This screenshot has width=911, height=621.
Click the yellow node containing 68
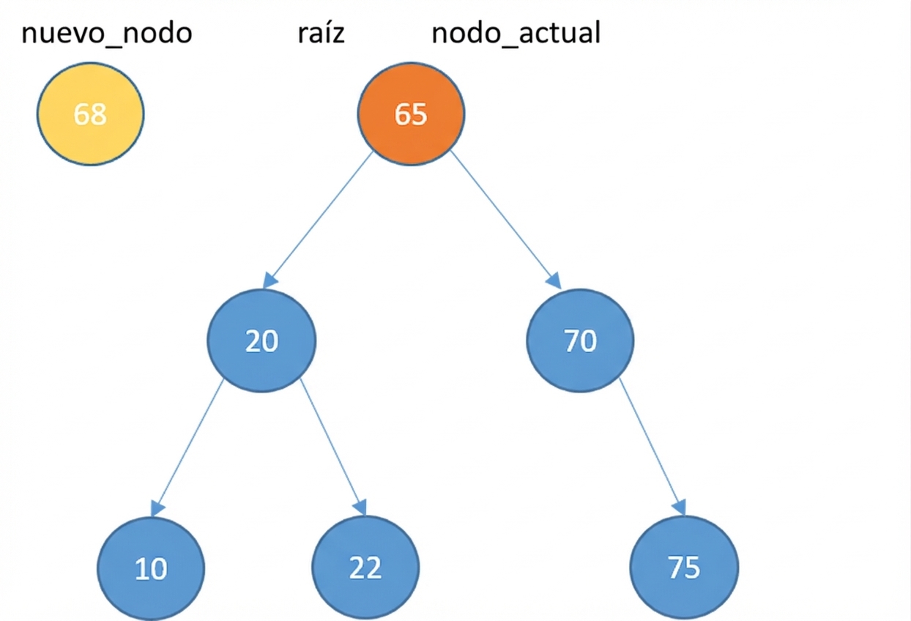pyautogui.click(x=91, y=114)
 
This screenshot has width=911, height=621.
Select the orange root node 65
pyautogui.click(x=410, y=114)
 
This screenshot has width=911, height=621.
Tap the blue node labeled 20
pyautogui.click(x=261, y=341)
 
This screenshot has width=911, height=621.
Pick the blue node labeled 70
pyautogui.click(x=580, y=341)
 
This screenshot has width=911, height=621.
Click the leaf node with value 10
pyautogui.click(x=152, y=568)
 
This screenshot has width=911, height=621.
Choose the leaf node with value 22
pyautogui.click(x=365, y=568)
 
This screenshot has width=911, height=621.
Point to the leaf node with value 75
pyautogui.click(x=684, y=568)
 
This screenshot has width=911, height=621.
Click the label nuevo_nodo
pyautogui.click(x=107, y=34)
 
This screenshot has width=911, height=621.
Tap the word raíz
pyautogui.click(x=321, y=34)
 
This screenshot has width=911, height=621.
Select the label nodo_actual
pyautogui.click(x=516, y=34)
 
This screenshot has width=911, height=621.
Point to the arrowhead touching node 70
pyautogui.click(x=554, y=280)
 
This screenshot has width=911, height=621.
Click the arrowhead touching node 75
pyautogui.click(x=679, y=507)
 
